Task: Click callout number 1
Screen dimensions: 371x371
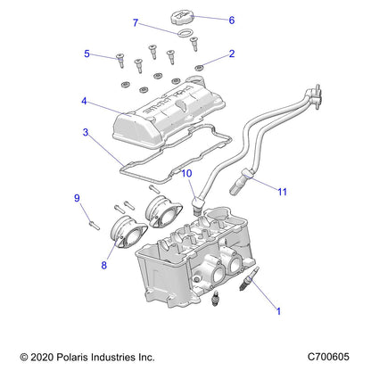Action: click(279, 311)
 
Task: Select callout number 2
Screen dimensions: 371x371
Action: click(232, 54)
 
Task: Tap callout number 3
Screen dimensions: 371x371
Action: click(86, 132)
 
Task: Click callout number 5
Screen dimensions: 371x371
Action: click(87, 54)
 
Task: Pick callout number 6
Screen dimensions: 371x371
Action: click(232, 20)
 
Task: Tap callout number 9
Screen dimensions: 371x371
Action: click(77, 198)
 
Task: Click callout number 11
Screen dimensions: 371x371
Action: click(282, 192)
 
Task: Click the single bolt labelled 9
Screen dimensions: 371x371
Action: click(88, 215)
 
